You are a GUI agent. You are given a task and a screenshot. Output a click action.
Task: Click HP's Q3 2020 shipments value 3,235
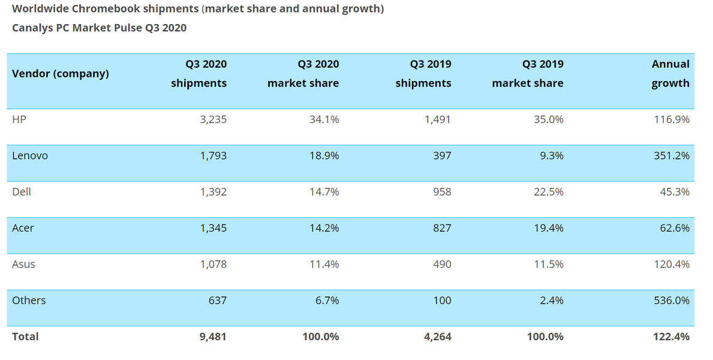point(213,119)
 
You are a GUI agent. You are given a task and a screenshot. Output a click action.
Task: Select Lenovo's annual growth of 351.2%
point(671,156)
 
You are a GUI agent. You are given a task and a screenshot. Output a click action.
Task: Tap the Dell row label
point(22,192)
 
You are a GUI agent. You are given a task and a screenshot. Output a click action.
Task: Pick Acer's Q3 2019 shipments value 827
point(442,228)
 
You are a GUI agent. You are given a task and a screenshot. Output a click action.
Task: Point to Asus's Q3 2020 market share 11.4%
point(324,264)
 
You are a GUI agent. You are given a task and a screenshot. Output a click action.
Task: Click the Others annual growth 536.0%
point(671,300)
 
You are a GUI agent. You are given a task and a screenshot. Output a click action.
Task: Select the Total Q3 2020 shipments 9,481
point(213,337)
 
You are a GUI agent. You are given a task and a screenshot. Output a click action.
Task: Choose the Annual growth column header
point(670,73)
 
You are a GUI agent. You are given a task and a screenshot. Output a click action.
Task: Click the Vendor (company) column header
point(60,74)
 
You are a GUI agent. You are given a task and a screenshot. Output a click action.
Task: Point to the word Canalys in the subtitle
point(31,28)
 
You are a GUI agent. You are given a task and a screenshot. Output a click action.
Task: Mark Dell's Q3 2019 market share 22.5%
point(548,192)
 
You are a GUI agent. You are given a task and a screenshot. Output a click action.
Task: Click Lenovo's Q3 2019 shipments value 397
point(442,156)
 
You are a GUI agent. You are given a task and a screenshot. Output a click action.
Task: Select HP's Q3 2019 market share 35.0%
point(548,119)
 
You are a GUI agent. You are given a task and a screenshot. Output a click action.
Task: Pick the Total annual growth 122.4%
point(671,337)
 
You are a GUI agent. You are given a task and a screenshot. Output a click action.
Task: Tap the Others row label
point(29,300)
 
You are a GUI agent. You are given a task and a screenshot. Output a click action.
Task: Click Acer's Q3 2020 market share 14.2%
point(324,228)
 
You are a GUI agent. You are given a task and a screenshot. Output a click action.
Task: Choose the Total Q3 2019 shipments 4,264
point(437,337)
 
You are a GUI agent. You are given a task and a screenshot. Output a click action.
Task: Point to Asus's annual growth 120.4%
point(671,264)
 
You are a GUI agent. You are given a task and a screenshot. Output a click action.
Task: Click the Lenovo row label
point(30,156)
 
